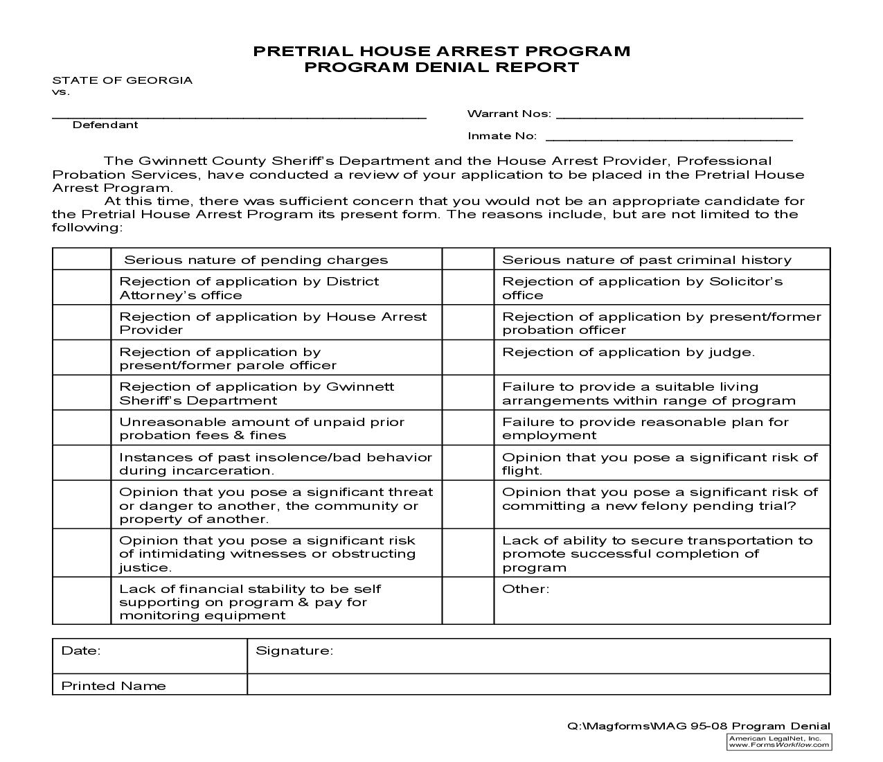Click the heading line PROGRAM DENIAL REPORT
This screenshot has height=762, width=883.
(441, 67)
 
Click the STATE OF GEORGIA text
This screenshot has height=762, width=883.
(123, 80)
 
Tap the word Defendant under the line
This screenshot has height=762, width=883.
(105, 125)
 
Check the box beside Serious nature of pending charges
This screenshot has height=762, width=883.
(82, 259)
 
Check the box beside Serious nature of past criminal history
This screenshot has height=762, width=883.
(467, 259)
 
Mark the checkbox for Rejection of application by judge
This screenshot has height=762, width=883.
(467, 357)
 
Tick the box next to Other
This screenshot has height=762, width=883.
(467, 601)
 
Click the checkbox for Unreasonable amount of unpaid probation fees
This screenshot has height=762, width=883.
(82, 428)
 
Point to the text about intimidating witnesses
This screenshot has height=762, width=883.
(267, 553)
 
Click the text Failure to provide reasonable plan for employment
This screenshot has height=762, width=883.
(645, 428)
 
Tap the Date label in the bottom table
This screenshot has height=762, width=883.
(81, 650)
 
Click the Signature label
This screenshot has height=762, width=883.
(294, 650)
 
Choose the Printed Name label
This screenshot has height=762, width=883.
(114, 686)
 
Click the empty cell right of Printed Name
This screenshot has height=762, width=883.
(538, 684)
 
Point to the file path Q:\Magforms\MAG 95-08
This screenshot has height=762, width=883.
(698, 726)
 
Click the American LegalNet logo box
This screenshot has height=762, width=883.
(779, 742)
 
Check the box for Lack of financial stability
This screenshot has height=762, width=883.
(82, 601)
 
